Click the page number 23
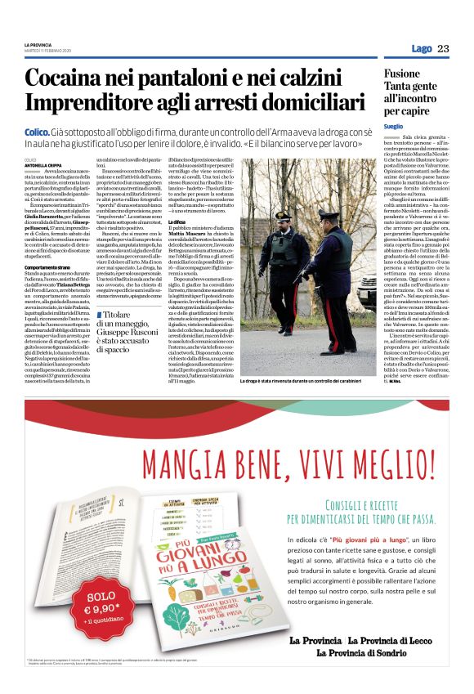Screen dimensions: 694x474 coord(443,48)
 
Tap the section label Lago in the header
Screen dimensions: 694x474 coord(422,48)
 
